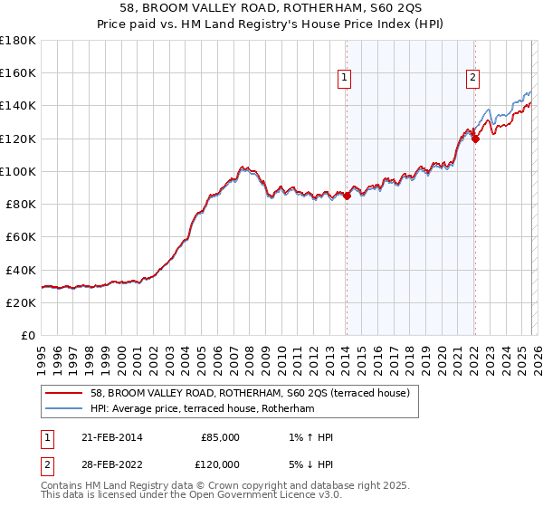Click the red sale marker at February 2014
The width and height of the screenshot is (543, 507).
click(x=347, y=196)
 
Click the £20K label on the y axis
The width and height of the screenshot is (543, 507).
click(x=21, y=302)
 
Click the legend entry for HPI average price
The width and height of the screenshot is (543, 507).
click(x=202, y=409)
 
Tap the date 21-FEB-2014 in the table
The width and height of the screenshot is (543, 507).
click(x=109, y=437)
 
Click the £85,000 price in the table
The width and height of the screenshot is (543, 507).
click(x=219, y=437)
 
